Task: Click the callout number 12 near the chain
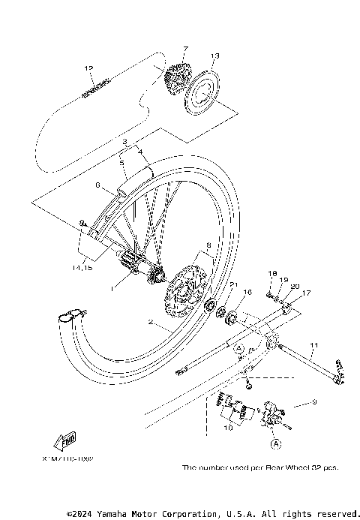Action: (x=88, y=69)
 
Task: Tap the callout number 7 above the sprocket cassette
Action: (x=185, y=49)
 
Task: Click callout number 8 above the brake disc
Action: (x=208, y=245)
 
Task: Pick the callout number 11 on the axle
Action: (x=315, y=344)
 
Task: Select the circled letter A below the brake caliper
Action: (x=275, y=444)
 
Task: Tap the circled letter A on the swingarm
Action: (x=239, y=349)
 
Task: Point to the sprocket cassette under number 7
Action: (x=178, y=77)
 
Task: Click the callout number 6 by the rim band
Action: (x=97, y=184)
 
